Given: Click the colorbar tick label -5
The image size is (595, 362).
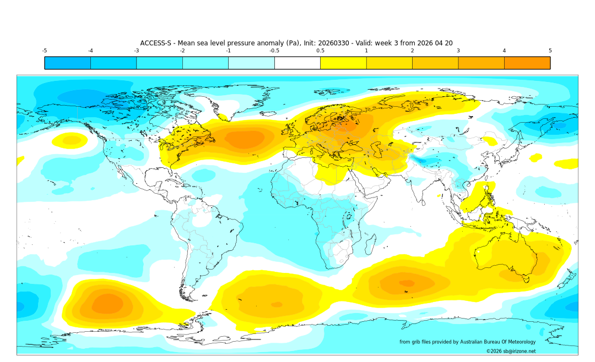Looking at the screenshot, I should pyautogui.click(x=45, y=51).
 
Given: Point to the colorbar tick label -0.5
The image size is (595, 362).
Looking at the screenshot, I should pyautogui.click(x=274, y=51).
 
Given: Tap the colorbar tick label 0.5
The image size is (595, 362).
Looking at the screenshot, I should pyautogui.click(x=320, y=51).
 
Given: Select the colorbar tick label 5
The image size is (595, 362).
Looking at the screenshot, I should pyautogui.click(x=550, y=51).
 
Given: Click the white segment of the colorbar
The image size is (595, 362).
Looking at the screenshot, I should pyautogui.click(x=297, y=63).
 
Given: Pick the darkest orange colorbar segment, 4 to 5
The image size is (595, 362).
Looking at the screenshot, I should pyautogui.click(x=527, y=63).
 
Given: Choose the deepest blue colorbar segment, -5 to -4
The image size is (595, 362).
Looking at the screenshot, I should pyautogui.click(x=67, y=63).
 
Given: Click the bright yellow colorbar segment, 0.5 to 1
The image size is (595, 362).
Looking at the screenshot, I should pyautogui.click(x=343, y=63).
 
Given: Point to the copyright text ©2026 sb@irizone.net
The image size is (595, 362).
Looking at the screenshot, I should pyautogui.click(x=511, y=351).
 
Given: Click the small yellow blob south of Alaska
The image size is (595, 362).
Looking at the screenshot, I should pyautogui.click(x=71, y=141).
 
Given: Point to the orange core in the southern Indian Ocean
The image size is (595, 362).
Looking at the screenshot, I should pyautogui.click(x=406, y=283).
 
